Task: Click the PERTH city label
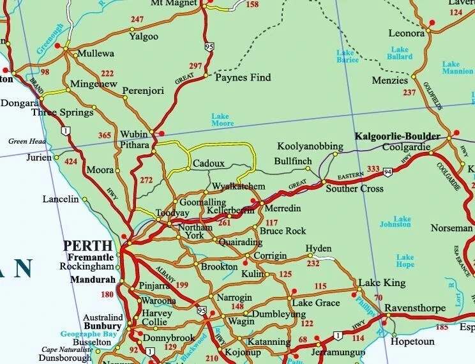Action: tap(87, 245)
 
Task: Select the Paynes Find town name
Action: tap(243, 77)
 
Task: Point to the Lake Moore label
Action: tap(223, 119)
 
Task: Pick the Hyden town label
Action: tap(319, 248)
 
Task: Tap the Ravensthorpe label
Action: tap(416, 308)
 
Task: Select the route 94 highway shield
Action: tap(388, 172)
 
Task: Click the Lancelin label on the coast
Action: tap(60, 199)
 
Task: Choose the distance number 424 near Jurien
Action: tap(72, 162)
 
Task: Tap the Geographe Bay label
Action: tap(88, 334)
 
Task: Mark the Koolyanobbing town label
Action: tap(310, 146)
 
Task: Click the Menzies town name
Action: tap(390, 81)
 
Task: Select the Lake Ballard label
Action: tap(400, 53)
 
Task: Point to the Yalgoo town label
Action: tap(143, 36)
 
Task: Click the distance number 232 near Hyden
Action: tap(313, 263)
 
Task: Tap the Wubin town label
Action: tap(134, 135)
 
